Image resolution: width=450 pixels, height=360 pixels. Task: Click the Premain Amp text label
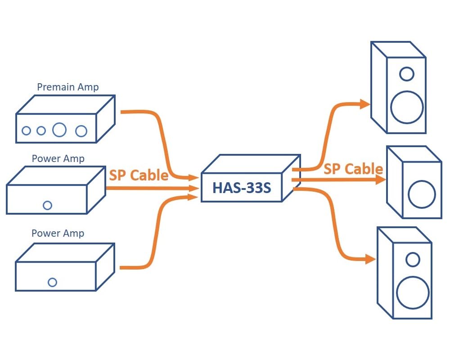click(67, 87)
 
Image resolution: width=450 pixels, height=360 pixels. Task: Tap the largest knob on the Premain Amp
click(59, 130)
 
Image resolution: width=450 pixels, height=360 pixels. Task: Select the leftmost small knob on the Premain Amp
click(26, 131)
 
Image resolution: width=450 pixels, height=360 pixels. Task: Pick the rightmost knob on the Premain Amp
click(81, 131)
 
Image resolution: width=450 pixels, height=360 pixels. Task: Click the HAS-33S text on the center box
click(242, 187)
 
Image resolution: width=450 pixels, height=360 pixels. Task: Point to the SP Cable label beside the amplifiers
click(139, 175)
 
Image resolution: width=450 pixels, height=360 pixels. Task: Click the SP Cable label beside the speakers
click(353, 169)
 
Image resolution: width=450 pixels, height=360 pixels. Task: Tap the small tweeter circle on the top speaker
click(406, 73)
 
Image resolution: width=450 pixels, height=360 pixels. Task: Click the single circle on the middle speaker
click(422, 194)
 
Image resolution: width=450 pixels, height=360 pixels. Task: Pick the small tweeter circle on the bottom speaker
click(413, 259)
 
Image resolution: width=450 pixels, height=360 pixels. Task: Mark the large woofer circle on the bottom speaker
click(413, 292)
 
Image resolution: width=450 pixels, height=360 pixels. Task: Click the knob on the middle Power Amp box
click(47, 205)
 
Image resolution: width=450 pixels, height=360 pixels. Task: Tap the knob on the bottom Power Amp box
click(52, 282)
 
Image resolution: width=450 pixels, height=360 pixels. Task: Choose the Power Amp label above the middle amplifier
click(58, 159)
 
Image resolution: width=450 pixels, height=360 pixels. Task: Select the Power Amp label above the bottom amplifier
click(58, 233)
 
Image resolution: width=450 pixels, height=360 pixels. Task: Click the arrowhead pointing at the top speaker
click(364, 104)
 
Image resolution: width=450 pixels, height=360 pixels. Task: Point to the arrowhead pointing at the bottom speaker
click(370, 259)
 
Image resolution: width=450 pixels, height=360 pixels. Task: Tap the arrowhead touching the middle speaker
click(381, 180)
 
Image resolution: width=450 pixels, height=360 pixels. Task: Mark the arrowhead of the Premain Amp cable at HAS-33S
click(194, 178)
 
